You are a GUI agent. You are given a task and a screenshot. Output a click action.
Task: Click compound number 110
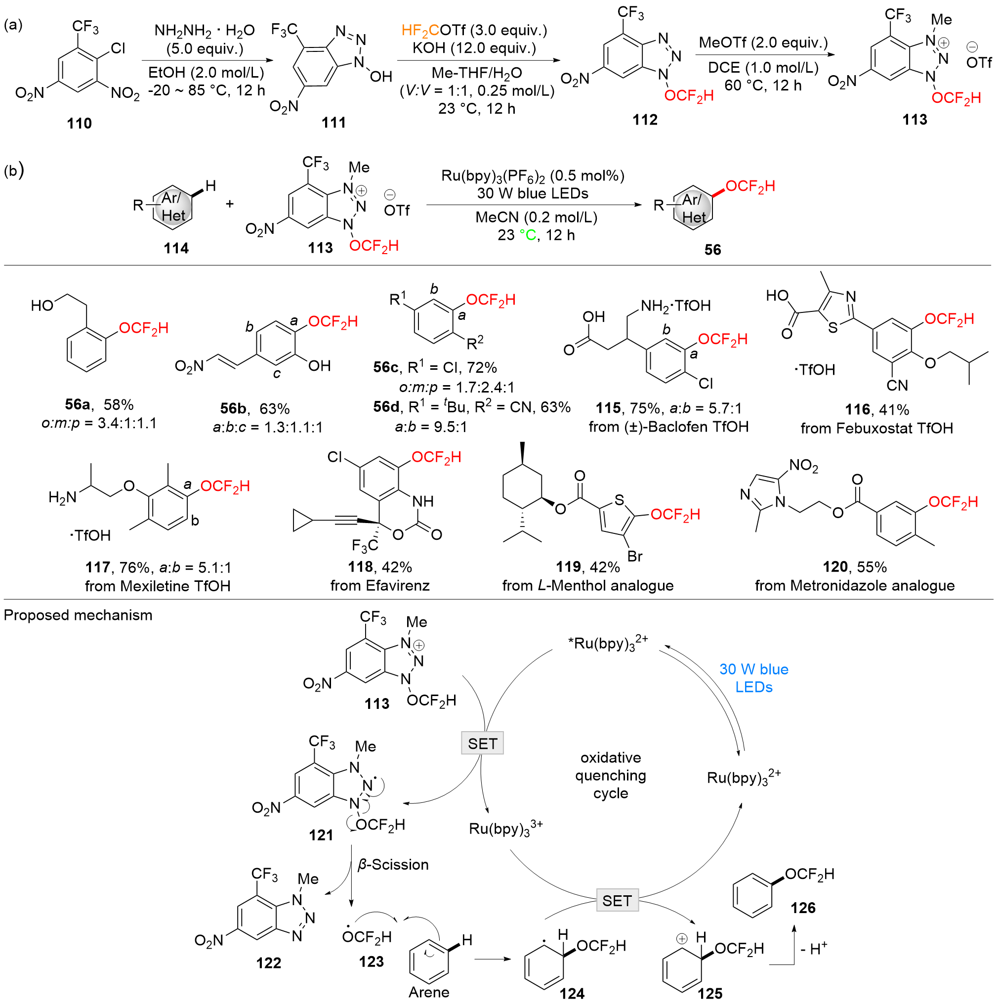(79, 124)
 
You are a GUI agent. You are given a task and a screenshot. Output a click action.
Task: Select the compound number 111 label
(333, 123)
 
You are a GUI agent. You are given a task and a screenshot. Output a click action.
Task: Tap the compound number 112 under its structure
(645, 120)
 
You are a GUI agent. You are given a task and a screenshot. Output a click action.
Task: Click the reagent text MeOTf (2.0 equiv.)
(763, 43)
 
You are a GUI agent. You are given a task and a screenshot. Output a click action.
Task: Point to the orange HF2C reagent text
(421, 31)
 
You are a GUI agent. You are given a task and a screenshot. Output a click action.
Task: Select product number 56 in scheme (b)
(713, 250)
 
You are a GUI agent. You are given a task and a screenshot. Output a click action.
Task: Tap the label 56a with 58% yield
(78, 405)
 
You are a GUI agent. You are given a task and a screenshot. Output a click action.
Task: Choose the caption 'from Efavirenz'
(379, 586)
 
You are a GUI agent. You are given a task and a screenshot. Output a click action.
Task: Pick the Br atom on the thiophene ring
(634, 556)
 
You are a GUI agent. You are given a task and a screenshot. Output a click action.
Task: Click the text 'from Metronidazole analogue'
(855, 586)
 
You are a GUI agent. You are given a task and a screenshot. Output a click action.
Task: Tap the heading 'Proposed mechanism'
(78, 615)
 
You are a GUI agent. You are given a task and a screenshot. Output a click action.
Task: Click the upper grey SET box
(482, 744)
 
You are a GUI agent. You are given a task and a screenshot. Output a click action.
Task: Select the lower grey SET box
(617, 901)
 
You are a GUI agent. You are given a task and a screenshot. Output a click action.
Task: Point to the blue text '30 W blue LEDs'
(754, 678)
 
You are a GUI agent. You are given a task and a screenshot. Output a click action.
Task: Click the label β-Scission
(393, 865)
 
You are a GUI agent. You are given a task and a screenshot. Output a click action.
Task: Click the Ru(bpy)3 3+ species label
(506, 829)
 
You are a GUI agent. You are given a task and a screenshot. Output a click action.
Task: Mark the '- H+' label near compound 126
(813, 949)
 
